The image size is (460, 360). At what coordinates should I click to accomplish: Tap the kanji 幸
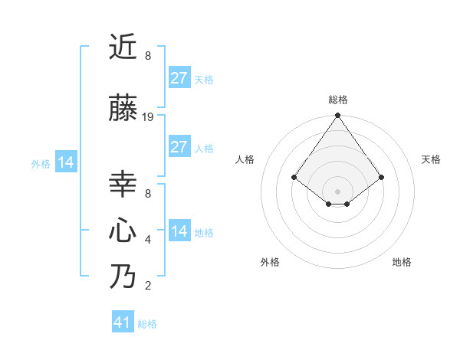pyautogui.click(x=123, y=185)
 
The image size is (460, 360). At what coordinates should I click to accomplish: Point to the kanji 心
pyautogui.click(x=123, y=230)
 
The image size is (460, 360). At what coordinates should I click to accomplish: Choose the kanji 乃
pyautogui.click(x=123, y=276)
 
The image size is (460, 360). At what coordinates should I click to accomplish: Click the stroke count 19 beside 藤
pyautogui.click(x=148, y=117)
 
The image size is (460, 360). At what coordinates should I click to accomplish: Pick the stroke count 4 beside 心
pyautogui.click(x=148, y=240)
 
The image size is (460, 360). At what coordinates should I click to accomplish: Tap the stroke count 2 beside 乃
pyautogui.click(x=148, y=286)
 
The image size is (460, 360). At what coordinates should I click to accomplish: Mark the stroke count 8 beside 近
pyautogui.click(x=148, y=56)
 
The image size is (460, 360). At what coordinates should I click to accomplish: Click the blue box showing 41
pyautogui.click(x=123, y=322)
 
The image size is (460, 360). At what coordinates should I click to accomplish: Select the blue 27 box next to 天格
pyautogui.click(x=179, y=77)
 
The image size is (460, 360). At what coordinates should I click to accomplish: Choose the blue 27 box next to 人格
pyautogui.click(x=179, y=146)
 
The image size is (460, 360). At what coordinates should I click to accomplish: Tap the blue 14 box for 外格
pyautogui.click(x=65, y=162)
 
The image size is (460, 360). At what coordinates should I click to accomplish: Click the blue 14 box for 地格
pyautogui.click(x=179, y=231)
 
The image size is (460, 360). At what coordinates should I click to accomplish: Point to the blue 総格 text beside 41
pyautogui.click(x=147, y=324)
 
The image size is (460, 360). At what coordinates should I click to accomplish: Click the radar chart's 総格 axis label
pyautogui.click(x=337, y=100)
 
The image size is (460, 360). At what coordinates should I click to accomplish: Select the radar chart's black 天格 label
pyautogui.click(x=431, y=159)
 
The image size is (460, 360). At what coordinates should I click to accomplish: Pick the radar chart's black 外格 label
pyautogui.click(x=270, y=262)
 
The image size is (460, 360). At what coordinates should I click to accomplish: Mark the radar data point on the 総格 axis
pyautogui.click(x=337, y=116)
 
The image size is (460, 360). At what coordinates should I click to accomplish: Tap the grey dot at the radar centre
pyautogui.click(x=337, y=191)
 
